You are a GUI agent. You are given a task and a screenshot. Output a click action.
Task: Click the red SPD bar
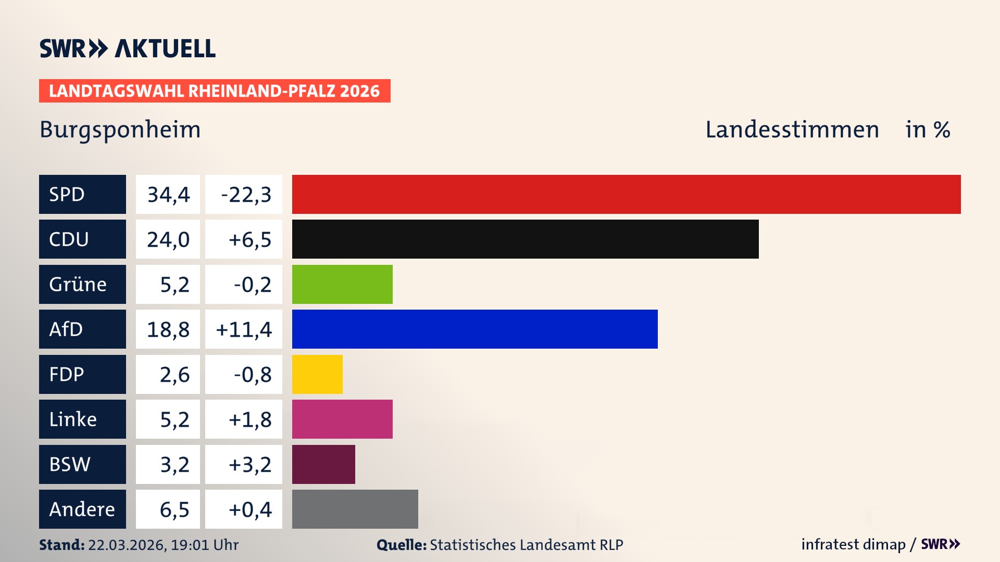click(x=626, y=194)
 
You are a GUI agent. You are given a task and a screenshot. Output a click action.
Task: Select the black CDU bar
click(x=525, y=239)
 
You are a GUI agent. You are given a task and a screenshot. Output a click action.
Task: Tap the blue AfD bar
click(x=474, y=329)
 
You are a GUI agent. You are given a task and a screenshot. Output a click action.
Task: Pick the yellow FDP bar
click(x=317, y=375)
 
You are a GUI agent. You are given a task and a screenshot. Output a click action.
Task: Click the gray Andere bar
click(x=355, y=509)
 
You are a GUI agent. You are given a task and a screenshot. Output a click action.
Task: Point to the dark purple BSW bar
click(x=323, y=465)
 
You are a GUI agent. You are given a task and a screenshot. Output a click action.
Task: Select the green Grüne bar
click(x=342, y=285)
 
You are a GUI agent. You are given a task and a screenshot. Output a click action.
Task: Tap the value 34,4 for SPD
click(x=168, y=195)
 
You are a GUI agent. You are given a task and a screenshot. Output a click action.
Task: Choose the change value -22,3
click(x=246, y=195)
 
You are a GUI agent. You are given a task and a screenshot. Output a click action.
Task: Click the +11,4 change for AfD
click(x=244, y=329)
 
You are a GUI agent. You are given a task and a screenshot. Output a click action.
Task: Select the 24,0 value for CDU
click(x=168, y=239)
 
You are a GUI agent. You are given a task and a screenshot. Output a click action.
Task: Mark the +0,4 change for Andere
click(x=250, y=509)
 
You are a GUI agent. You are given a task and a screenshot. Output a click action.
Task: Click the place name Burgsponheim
click(x=120, y=130)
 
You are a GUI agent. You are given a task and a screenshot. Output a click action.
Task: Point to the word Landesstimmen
click(x=792, y=130)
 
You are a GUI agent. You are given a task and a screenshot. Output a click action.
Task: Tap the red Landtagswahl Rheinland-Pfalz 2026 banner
click(x=215, y=91)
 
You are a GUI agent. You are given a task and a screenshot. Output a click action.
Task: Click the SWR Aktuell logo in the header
click(x=128, y=48)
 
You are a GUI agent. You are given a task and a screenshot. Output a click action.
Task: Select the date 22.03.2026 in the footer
click(x=127, y=545)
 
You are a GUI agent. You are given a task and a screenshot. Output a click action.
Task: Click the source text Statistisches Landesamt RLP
click(x=526, y=545)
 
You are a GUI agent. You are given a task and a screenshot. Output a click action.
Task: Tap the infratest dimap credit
click(x=853, y=544)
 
